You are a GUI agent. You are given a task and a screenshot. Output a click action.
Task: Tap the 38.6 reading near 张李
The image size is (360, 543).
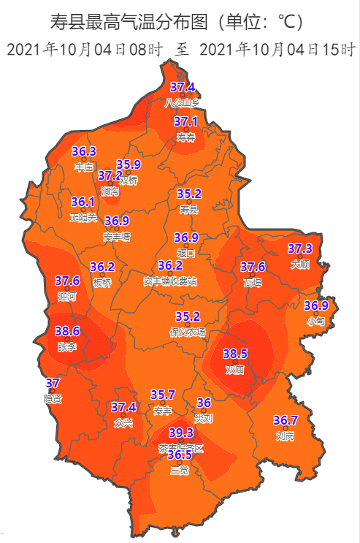click(x=67, y=331)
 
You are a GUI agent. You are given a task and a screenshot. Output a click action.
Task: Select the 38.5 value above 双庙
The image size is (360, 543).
click(x=236, y=354)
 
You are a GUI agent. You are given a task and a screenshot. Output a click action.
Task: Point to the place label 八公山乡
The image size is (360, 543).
click(x=182, y=102)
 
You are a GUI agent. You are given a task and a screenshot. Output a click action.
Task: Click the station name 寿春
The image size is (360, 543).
click(x=186, y=137)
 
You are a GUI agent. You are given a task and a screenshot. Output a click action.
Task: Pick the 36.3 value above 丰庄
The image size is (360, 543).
click(x=85, y=151)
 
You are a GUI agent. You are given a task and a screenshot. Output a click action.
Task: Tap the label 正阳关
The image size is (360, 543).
click(x=83, y=217)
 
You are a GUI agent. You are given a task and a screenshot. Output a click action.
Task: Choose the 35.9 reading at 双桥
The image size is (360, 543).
click(x=128, y=164)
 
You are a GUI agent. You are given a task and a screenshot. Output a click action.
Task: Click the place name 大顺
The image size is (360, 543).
click(x=300, y=264)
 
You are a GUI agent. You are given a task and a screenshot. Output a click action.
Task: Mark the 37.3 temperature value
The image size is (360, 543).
click(x=300, y=248)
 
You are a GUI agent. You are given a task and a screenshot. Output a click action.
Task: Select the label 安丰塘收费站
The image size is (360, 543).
click(x=169, y=281)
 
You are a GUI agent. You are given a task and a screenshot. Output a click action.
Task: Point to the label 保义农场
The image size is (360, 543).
click(x=188, y=332)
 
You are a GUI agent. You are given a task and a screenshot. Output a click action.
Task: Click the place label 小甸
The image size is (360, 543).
click(x=315, y=320)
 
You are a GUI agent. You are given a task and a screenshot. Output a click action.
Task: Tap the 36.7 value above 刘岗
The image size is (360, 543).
click(x=286, y=420)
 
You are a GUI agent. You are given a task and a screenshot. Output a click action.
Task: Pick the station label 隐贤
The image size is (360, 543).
click(x=53, y=398)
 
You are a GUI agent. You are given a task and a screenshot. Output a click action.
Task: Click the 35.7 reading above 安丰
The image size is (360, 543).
click(x=163, y=395)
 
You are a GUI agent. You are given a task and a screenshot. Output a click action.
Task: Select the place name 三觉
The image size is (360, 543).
click(x=180, y=470)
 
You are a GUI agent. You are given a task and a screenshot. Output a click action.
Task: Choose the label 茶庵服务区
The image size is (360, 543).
click(x=182, y=447)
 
